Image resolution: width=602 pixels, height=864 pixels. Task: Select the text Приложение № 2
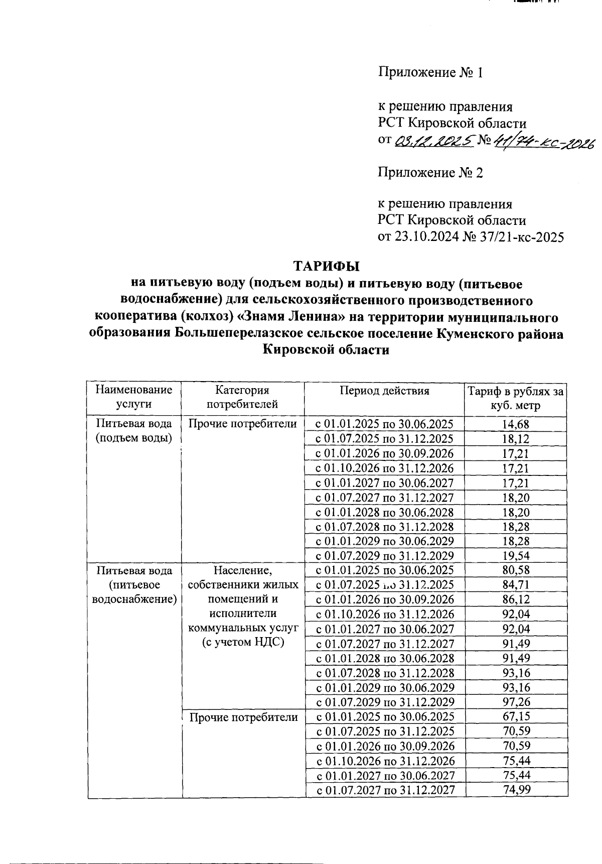tap(430, 173)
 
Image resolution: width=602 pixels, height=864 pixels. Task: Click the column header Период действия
tap(384, 391)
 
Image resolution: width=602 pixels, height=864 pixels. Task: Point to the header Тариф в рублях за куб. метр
tap(516, 398)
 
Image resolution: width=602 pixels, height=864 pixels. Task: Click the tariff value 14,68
tap(516, 424)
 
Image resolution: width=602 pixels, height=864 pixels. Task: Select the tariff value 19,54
tap(516, 556)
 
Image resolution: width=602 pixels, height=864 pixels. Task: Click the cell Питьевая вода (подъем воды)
tap(134, 431)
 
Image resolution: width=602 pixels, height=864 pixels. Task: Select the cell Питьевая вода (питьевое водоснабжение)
tap(134, 585)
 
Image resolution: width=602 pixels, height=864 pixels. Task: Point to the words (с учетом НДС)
tap(243, 643)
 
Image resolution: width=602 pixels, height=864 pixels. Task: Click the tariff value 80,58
tap(516, 570)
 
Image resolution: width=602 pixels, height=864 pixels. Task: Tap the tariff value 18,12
tap(516, 439)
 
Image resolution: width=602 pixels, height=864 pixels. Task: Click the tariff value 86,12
tap(516, 600)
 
